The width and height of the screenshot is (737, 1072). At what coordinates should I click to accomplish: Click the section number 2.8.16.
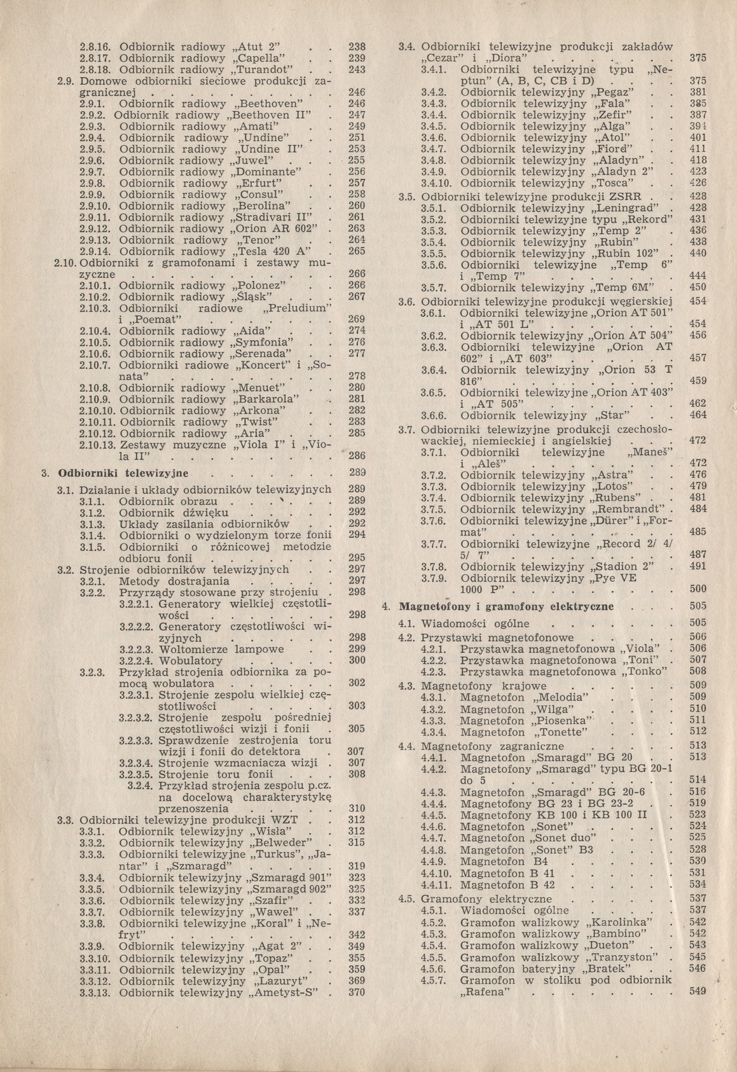click(x=95, y=46)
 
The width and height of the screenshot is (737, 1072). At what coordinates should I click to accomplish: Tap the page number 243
click(x=357, y=69)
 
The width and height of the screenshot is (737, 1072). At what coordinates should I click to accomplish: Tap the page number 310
click(x=357, y=809)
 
